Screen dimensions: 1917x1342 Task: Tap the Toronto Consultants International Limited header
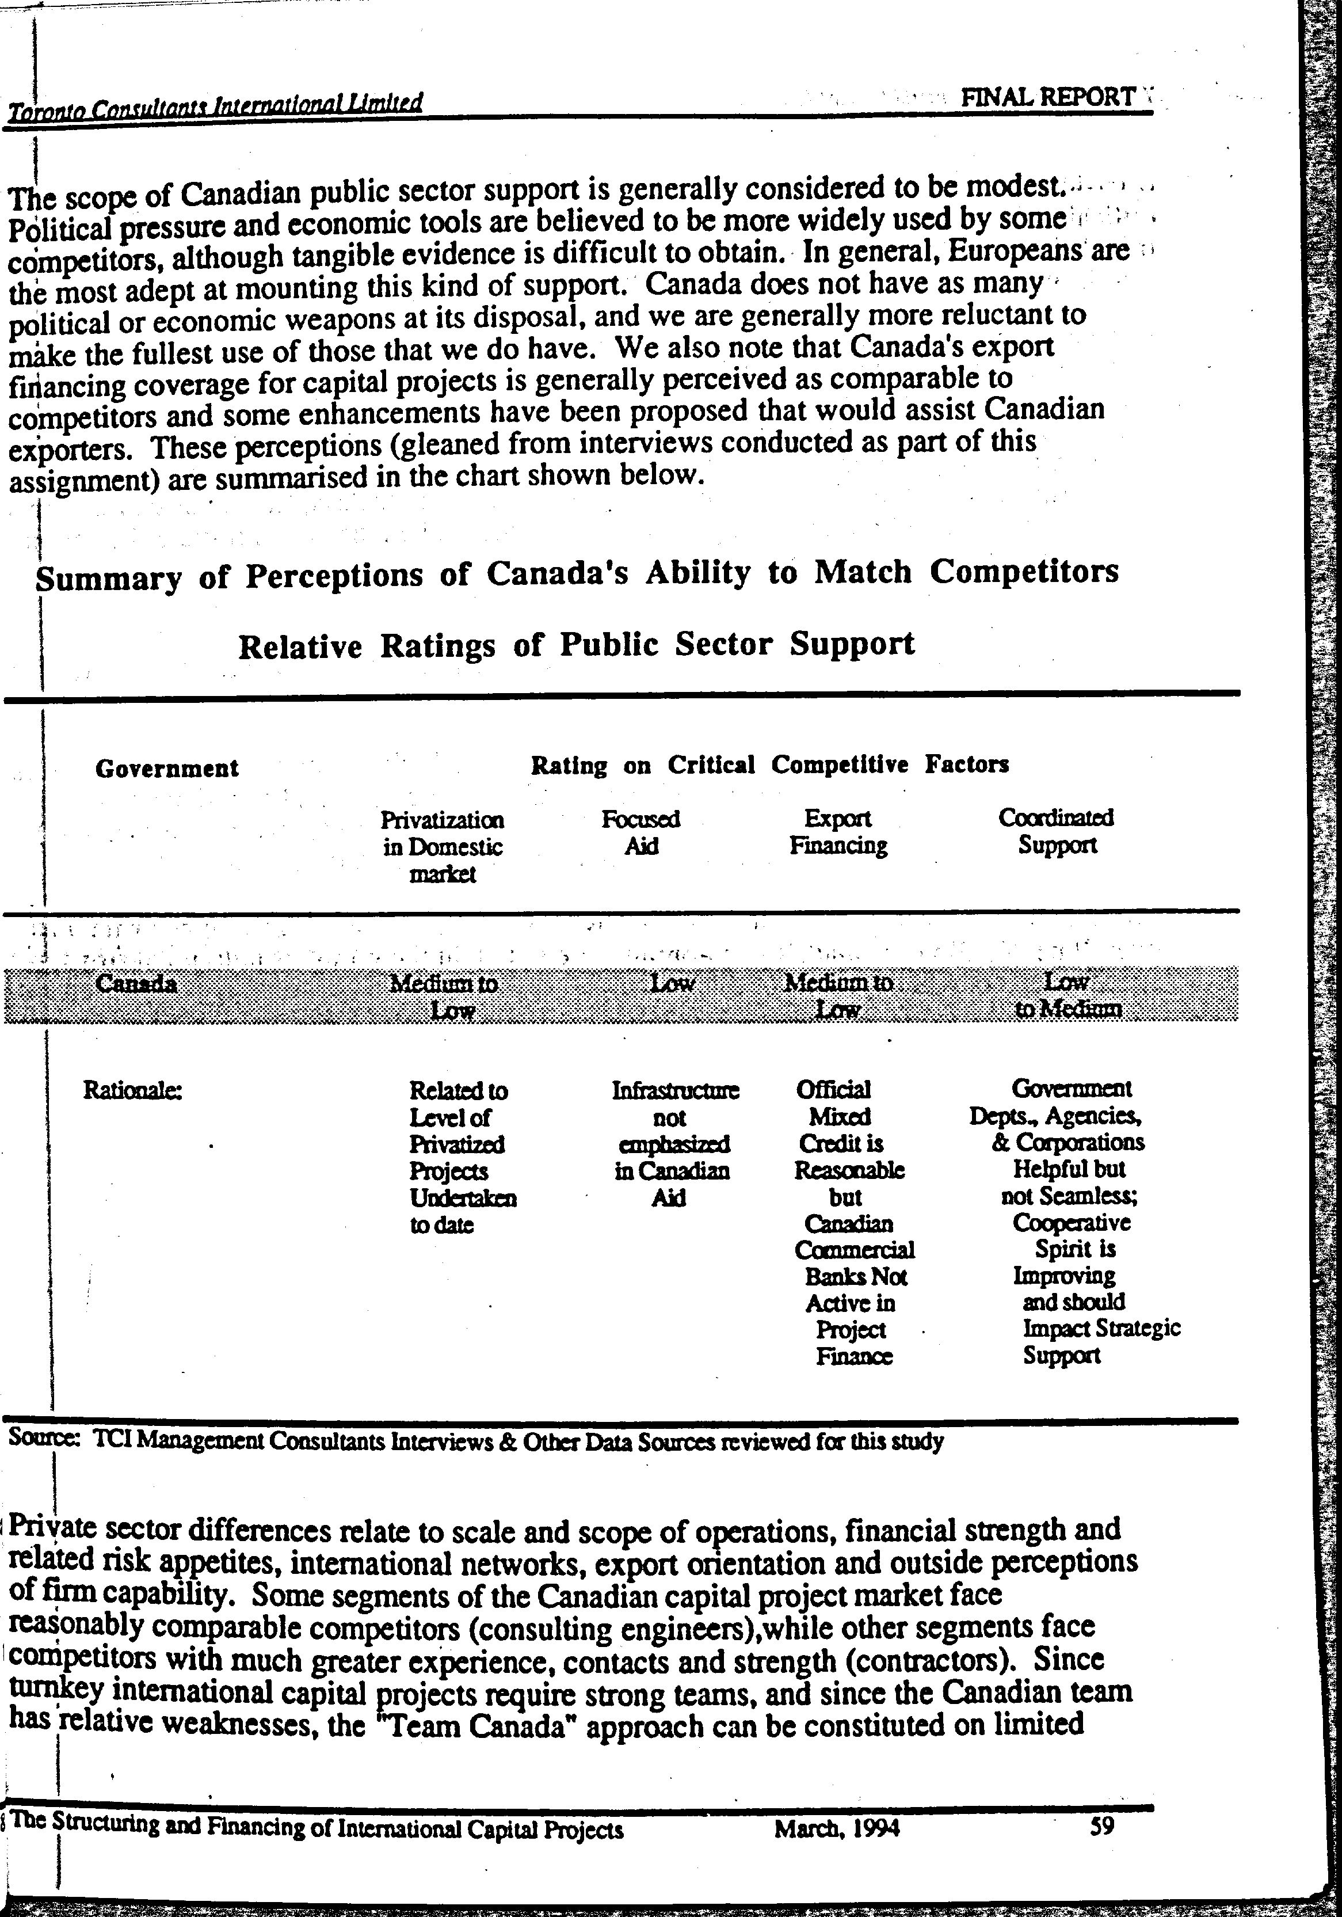pos(215,106)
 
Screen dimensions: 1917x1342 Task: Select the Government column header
pos(167,768)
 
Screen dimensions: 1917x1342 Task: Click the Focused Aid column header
pos(641,832)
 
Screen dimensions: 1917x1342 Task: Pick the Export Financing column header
pos(838,832)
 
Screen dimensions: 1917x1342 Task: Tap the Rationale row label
pos(133,1090)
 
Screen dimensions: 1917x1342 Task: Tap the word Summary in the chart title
pos(109,579)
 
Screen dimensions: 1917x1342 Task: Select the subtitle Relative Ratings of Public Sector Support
pos(576,645)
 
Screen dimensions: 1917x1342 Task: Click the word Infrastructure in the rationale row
pos(675,1090)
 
